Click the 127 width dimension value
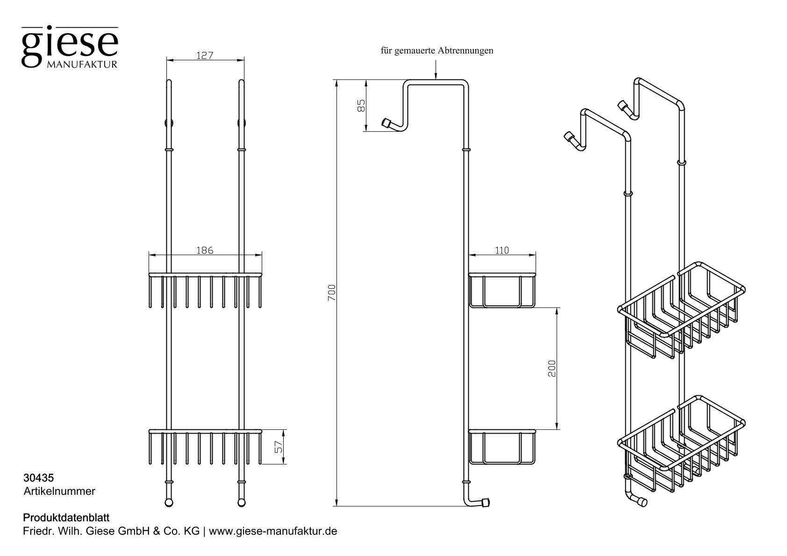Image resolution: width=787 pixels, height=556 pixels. (x=205, y=56)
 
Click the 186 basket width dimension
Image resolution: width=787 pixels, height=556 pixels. (x=205, y=250)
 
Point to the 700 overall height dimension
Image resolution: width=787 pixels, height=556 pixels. (x=332, y=292)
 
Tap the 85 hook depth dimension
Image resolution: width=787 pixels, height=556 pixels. (x=361, y=106)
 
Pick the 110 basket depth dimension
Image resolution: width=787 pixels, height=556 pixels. (x=501, y=250)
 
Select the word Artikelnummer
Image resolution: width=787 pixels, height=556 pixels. (x=59, y=491)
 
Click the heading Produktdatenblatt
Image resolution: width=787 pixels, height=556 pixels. (x=66, y=518)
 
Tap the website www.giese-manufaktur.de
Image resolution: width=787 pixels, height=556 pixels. (x=273, y=531)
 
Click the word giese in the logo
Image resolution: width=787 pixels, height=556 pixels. (x=70, y=43)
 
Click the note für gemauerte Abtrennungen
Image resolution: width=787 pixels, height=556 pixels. (x=437, y=51)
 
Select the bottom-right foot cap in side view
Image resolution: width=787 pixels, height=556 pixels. (x=486, y=503)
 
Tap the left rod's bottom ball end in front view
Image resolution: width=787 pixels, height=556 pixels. (x=169, y=503)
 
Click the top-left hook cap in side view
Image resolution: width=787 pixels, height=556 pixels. (x=386, y=123)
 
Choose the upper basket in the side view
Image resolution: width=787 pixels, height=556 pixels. (x=502, y=291)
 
